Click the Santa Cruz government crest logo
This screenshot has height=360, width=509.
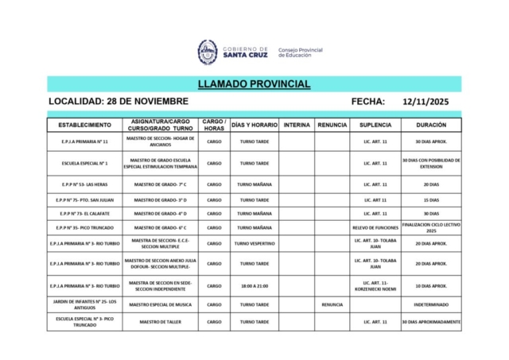point(208,52)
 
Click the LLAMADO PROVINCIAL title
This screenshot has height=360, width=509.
point(254,84)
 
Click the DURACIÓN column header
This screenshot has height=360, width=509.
point(431,125)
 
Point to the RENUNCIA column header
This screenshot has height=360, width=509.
point(332,125)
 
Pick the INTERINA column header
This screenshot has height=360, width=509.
point(297,125)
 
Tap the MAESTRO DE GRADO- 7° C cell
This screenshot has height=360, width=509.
point(161,184)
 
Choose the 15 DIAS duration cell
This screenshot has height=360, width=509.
point(431,199)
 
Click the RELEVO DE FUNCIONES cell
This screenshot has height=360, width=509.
point(375,227)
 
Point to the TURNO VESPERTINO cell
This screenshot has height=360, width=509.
point(254,243)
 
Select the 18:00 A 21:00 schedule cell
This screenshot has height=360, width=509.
point(254,285)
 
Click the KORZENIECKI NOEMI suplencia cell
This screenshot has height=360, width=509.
point(375,285)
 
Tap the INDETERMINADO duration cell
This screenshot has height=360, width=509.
point(431,304)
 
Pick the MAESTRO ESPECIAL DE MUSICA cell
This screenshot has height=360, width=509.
point(161,304)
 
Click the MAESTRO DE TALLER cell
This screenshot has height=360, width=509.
point(161,322)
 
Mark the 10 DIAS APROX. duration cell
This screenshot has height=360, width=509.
point(431,285)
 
